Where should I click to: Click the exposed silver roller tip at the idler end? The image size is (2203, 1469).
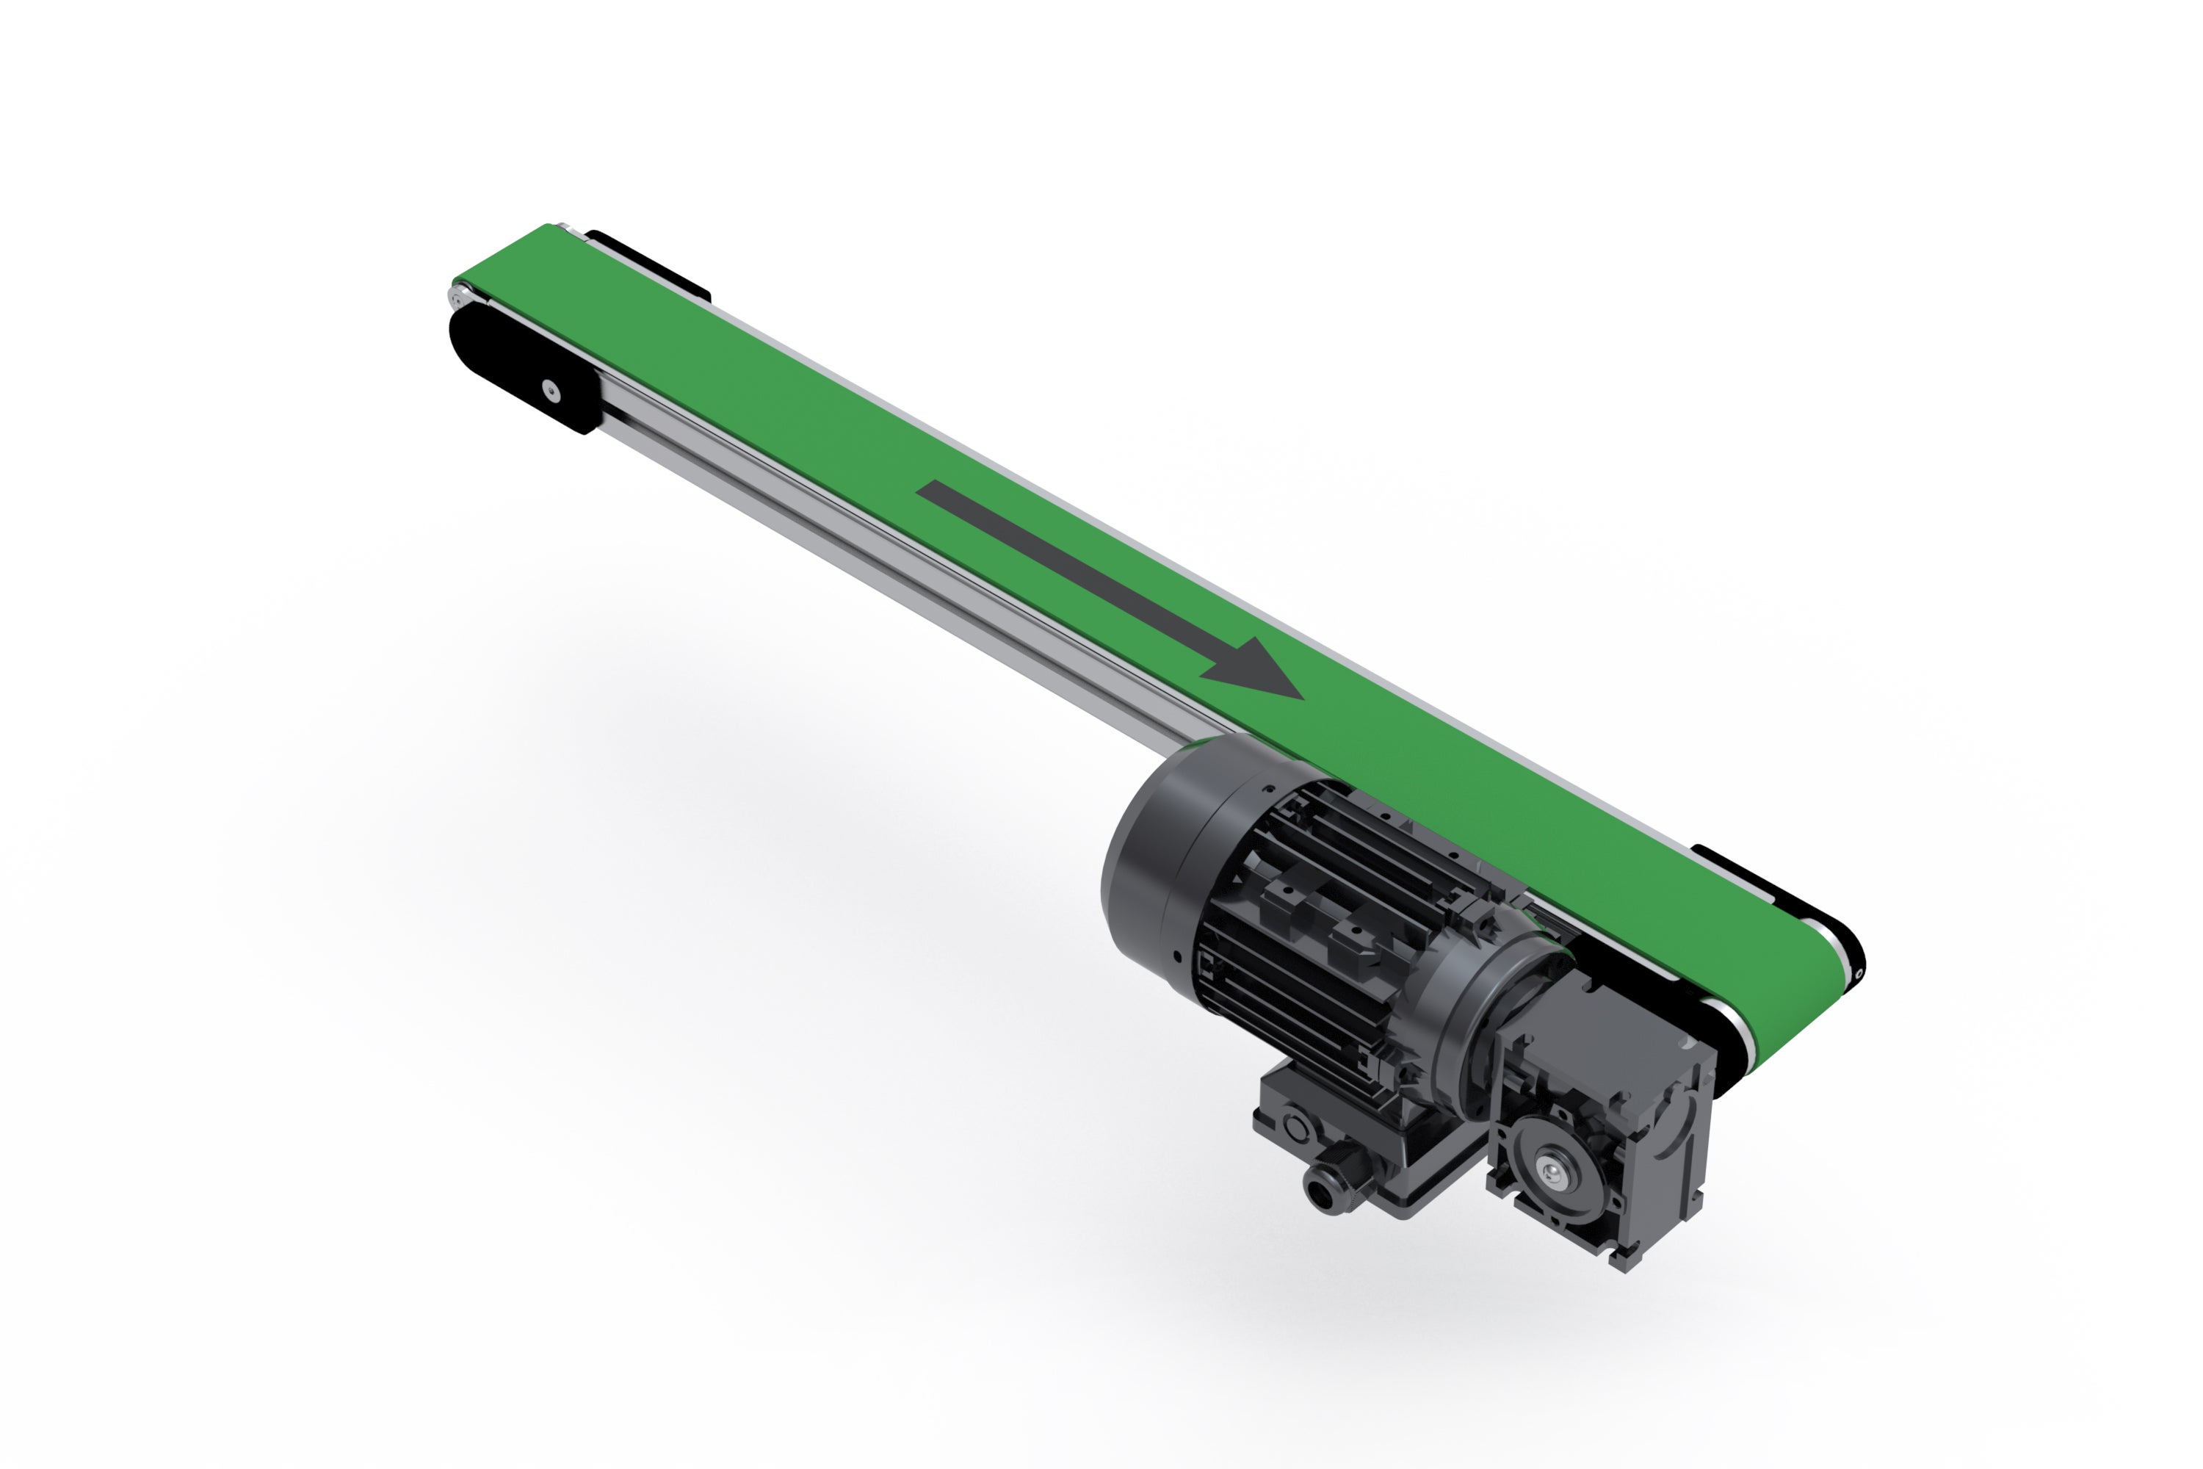point(456,298)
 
